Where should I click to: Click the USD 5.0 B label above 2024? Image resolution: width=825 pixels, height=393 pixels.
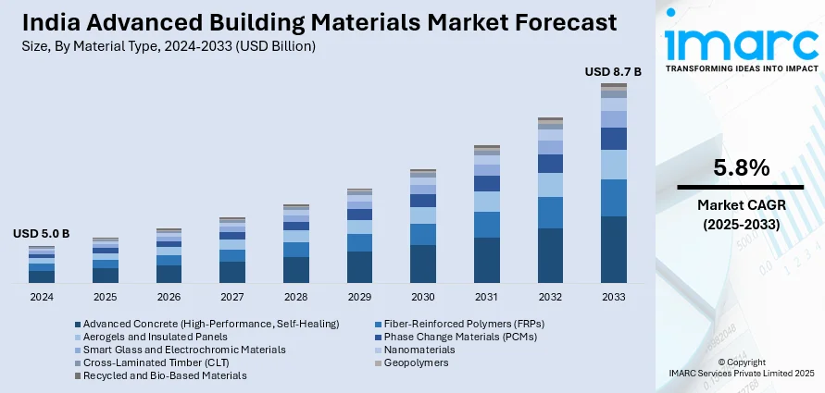point(41,234)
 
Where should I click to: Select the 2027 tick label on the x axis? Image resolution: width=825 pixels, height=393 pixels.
point(231,298)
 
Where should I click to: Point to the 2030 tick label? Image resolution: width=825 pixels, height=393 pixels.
point(422,298)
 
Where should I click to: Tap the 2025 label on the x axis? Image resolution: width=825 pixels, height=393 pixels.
point(105,298)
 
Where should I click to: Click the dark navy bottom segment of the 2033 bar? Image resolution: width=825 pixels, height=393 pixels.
point(613,250)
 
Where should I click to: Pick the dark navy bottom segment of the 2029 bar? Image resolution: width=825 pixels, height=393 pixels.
point(359,266)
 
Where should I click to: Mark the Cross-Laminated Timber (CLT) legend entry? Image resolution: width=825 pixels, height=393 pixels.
point(153,362)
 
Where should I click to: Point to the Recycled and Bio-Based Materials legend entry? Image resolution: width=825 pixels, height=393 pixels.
point(165,375)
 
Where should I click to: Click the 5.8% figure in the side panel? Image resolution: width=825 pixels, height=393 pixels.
point(741,168)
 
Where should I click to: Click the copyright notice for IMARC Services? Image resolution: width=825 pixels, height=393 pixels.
point(741,367)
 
